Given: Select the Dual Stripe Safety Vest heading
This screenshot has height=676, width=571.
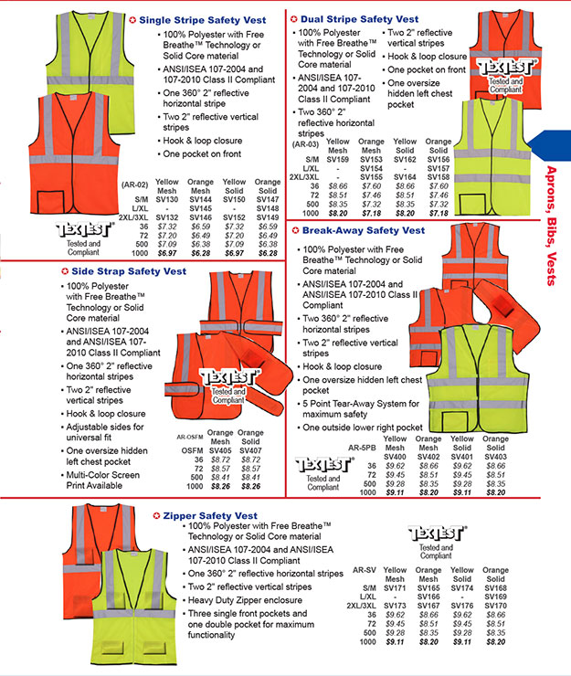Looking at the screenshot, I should (360, 19).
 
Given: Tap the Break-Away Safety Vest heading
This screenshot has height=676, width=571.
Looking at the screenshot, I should (363, 231).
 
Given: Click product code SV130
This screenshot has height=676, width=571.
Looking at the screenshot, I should (166, 198).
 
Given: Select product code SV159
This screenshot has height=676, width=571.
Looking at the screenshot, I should (338, 159).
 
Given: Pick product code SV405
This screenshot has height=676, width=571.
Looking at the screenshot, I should (220, 450).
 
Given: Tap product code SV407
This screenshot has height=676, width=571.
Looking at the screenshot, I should (250, 450).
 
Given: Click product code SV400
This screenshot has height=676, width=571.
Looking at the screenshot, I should (396, 457).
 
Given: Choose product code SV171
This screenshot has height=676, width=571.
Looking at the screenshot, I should (396, 588).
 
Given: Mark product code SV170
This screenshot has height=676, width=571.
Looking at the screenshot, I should (495, 605).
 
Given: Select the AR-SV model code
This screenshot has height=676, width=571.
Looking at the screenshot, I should (365, 570).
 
